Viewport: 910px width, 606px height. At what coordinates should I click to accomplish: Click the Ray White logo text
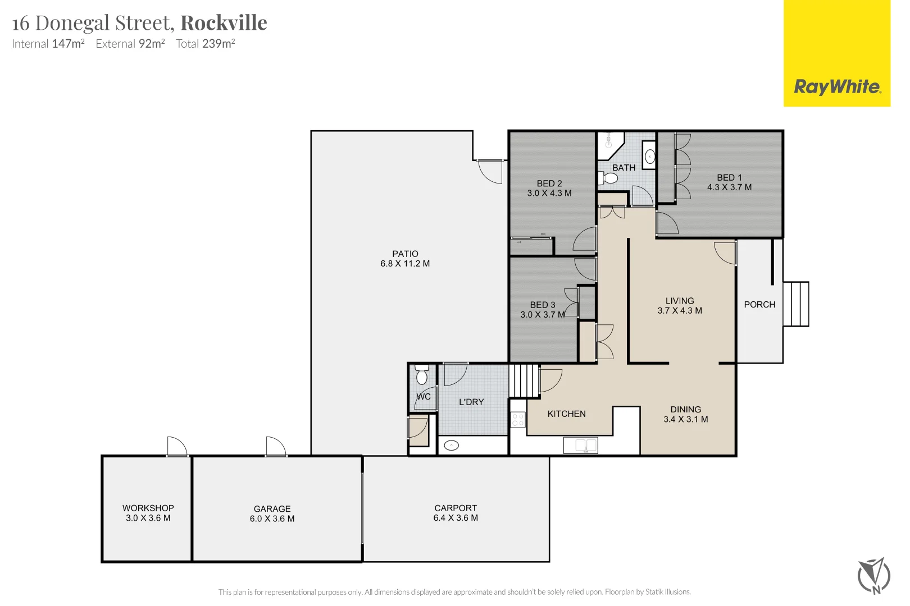pos(836,87)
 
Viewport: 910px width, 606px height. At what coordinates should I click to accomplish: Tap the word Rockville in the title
pos(224,23)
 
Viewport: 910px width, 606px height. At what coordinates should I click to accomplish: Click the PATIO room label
pos(405,254)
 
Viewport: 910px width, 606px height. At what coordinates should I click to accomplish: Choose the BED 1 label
pos(729,177)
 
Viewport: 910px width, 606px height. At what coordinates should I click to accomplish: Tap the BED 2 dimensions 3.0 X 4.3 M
pos(549,193)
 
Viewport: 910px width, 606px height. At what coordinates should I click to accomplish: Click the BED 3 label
pos(543,305)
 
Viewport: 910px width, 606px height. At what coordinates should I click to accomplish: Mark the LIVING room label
pos(680,301)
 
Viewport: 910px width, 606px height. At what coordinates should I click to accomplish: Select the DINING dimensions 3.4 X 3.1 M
pos(685,419)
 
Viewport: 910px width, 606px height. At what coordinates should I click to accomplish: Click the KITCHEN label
pos(566,414)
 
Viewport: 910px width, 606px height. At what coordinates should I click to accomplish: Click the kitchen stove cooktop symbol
pos(518,420)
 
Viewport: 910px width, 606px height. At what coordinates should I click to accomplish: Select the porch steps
pos(795,304)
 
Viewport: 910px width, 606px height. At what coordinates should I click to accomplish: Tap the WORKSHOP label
pos(148,508)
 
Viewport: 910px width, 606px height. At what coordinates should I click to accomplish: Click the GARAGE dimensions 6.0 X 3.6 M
pos(272,518)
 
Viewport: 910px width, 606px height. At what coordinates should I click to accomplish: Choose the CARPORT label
pos(456,508)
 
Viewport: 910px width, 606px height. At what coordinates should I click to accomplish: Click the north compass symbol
pos(873,576)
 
